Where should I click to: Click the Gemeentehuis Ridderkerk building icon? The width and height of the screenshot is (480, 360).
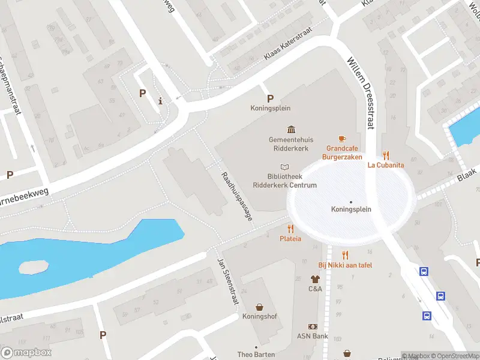pyautogui.click(x=292, y=130)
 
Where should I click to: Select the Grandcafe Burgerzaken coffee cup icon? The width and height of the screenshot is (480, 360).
pyautogui.click(x=342, y=139)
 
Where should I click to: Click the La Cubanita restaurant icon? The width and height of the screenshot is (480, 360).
pyautogui.click(x=386, y=155)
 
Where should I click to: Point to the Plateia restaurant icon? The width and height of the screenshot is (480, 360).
pyautogui.click(x=290, y=229)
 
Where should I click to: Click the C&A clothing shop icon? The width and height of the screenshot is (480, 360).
pyautogui.click(x=315, y=279)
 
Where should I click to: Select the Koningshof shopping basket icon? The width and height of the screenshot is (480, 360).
pyautogui.click(x=259, y=307)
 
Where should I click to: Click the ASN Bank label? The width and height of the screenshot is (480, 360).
pyautogui.click(x=312, y=336)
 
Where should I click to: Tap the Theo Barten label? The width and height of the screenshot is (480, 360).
pyautogui.click(x=256, y=355)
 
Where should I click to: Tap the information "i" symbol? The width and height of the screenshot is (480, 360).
pyautogui.click(x=160, y=101)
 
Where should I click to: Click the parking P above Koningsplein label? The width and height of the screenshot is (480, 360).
pyautogui.click(x=270, y=98)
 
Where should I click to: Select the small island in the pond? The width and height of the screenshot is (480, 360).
pyautogui.click(x=33, y=266)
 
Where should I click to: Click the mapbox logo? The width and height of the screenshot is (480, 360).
pyautogui.click(x=26, y=353)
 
